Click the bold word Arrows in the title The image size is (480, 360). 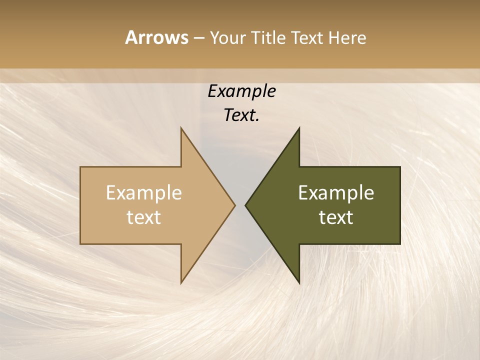click(156, 37)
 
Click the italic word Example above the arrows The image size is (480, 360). click(241, 91)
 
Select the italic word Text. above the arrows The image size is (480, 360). click(241, 115)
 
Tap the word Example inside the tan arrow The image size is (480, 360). click(144, 193)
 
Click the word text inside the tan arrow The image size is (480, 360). click(144, 217)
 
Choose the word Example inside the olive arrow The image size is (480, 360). click(336, 193)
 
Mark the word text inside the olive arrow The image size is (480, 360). click(336, 217)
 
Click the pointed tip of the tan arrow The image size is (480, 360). click(235, 205)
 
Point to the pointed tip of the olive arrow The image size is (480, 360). click(245, 205)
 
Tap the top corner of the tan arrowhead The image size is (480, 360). click(181, 128)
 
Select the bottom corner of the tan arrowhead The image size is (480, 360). click(181, 283)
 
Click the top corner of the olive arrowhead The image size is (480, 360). click(299, 128)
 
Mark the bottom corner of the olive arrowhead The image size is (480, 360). click(299, 283)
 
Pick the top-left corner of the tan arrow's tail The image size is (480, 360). click(80, 167)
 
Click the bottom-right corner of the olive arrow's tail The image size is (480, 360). click(400, 244)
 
